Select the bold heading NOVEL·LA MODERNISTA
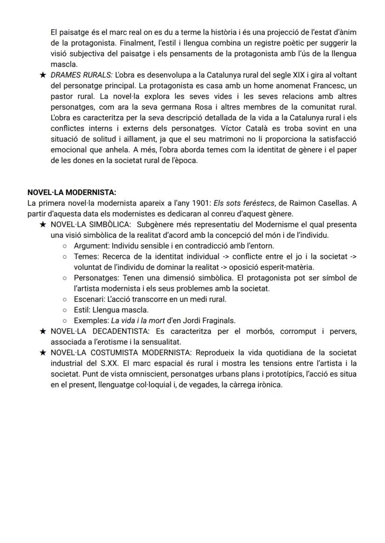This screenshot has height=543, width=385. [72, 192]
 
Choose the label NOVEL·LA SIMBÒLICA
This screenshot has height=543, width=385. [91, 224]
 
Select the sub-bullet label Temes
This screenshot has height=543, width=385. [86, 256]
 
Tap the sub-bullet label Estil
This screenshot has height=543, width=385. [81, 309]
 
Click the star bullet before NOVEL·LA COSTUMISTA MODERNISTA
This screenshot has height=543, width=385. [42, 353]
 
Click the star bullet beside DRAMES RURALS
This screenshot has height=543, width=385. [42, 75]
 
